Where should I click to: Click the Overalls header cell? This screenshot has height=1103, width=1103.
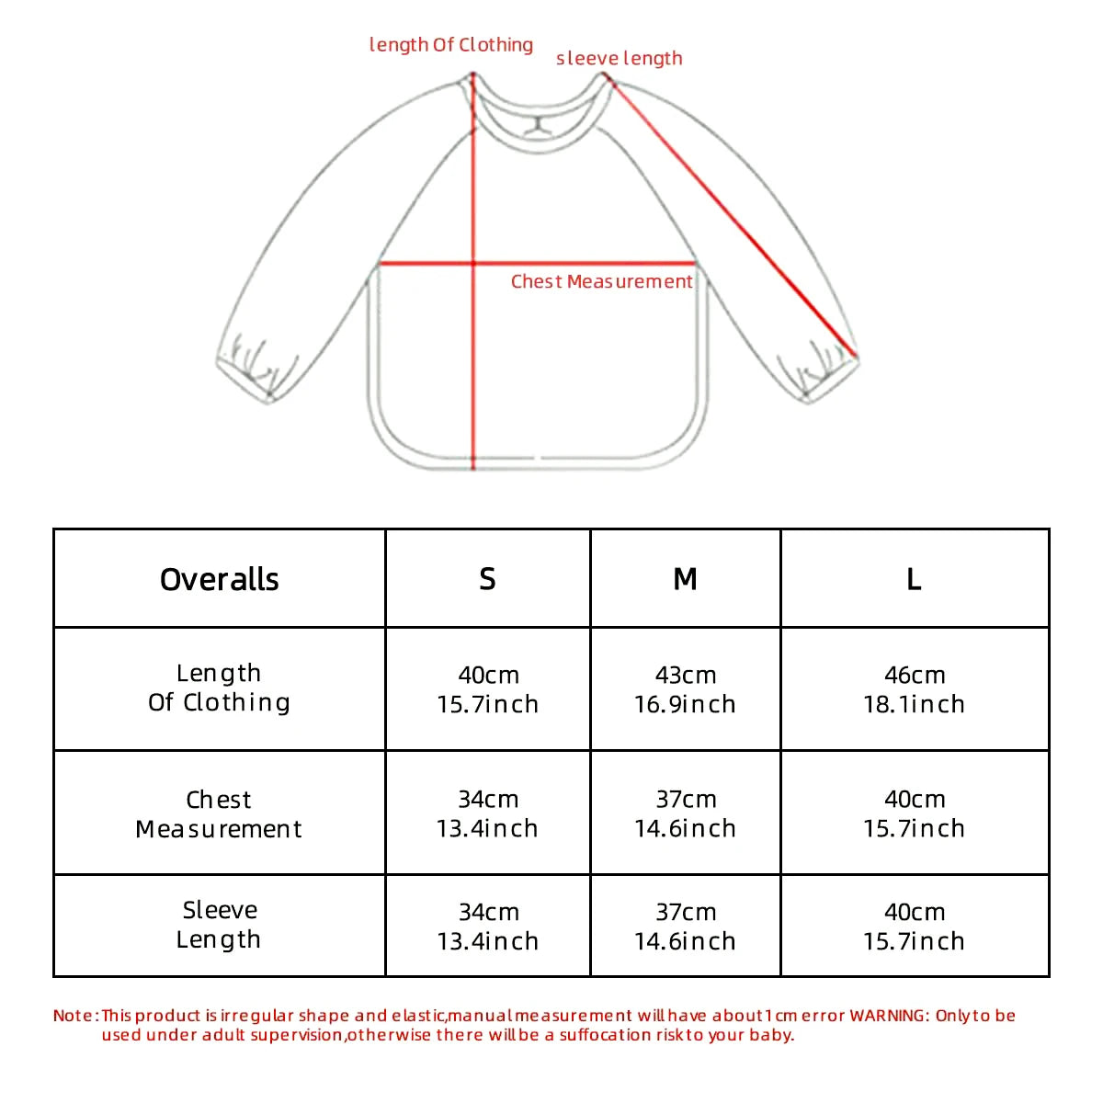tap(219, 579)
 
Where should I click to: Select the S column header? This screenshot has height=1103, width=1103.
tap(487, 579)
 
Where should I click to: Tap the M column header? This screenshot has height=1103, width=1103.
tap(685, 579)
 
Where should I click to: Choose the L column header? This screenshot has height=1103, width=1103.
tap(914, 579)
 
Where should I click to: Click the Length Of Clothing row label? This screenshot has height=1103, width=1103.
tap(219, 688)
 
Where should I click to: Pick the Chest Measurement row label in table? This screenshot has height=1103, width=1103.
tap(219, 813)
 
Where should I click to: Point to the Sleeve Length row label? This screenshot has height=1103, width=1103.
tap(219, 925)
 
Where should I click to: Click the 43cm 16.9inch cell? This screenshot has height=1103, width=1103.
tap(685, 689)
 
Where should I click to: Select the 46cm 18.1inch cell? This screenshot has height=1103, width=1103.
tap(914, 689)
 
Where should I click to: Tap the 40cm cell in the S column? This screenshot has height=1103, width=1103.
tap(488, 689)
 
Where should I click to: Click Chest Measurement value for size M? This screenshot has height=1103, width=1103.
tap(685, 813)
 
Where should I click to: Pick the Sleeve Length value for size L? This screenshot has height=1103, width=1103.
tap(914, 927)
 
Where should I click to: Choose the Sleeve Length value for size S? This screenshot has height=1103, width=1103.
tap(488, 927)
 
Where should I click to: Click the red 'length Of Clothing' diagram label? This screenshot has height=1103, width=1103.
tap(450, 45)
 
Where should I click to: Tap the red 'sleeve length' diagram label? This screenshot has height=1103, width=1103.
tap(619, 59)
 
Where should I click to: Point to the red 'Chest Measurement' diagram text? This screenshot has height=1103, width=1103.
tap(601, 282)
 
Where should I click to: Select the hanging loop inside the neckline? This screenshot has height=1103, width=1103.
tap(539, 124)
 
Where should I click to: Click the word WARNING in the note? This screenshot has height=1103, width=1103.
tap(888, 1016)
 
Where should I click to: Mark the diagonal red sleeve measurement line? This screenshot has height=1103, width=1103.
tap(735, 219)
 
